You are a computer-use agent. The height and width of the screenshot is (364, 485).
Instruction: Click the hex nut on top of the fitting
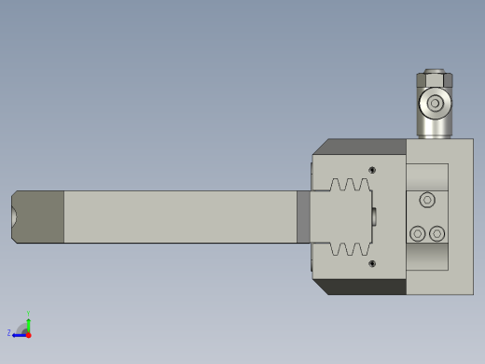point(435,78)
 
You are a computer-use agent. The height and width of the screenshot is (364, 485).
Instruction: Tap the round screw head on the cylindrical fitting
point(435,104)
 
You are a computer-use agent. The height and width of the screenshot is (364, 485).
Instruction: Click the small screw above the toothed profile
point(372,170)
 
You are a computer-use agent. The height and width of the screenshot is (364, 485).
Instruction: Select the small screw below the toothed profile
point(372,264)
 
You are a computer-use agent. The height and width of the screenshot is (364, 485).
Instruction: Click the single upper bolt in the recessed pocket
point(427,199)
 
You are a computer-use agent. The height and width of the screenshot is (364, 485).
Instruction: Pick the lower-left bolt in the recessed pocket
point(418,233)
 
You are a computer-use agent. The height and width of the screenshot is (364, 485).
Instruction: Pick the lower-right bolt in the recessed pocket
point(436,233)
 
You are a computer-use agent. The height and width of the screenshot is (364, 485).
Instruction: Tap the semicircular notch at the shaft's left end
point(15,217)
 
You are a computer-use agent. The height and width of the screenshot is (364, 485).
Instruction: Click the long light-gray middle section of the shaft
point(177,217)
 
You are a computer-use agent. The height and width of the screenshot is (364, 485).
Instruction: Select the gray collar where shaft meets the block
point(303,217)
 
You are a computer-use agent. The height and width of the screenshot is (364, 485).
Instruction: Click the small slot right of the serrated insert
point(374,217)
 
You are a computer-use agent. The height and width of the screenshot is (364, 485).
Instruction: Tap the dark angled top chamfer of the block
point(364,147)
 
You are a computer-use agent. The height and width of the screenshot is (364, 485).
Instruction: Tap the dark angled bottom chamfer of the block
point(364,287)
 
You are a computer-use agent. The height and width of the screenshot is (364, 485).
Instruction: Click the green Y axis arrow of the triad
point(28,317)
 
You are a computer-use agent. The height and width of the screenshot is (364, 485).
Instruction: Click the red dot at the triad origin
point(28,333)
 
